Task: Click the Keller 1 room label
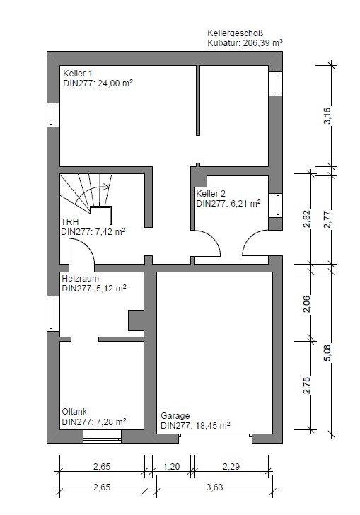(x=78, y=74)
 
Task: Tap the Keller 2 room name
(x=211, y=193)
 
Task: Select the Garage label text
(x=175, y=416)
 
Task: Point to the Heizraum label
(x=80, y=279)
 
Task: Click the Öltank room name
(x=74, y=411)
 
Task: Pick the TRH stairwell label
(x=69, y=221)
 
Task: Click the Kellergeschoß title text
(x=236, y=33)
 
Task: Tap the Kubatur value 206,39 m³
(x=263, y=42)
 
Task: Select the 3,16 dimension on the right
(x=327, y=115)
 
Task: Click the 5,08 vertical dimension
(x=327, y=353)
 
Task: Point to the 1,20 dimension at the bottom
(x=171, y=466)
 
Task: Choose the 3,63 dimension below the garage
(x=214, y=487)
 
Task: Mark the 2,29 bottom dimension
(x=231, y=466)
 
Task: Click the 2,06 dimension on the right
(x=307, y=304)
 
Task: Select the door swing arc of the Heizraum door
(x=86, y=245)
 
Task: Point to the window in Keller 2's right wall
(x=276, y=205)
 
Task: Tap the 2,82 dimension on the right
(x=307, y=219)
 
